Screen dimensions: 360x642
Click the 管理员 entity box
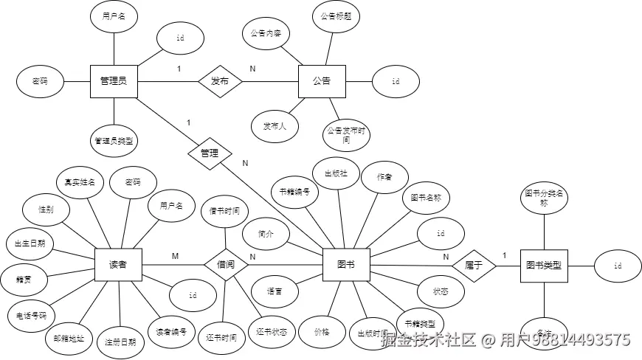coord(114,80)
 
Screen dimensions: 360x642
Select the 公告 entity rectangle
coord(322,80)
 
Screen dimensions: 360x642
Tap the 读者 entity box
coord(117,264)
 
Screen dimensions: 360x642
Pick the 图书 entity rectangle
coord(345,264)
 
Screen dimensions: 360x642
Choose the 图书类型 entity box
coord(544,264)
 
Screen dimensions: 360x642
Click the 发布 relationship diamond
coord(220,81)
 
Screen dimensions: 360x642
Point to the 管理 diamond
coord(210,153)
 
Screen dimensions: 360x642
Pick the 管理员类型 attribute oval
coord(117,139)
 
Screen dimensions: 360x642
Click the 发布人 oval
coord(275,126)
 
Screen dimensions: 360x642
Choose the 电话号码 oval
coord(31,315)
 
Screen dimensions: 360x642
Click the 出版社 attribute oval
coord(336,173)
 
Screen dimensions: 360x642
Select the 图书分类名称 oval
coord(544,197)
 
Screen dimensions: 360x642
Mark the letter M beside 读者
coord(175,255)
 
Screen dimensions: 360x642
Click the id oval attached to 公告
coord(396,81)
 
